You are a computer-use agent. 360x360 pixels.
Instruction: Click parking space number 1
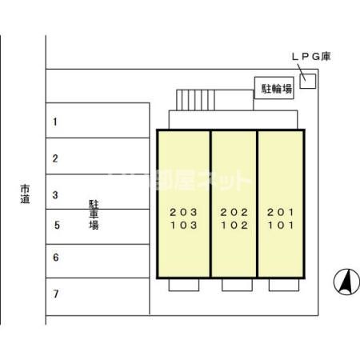pyautogui.click(x=55, y=122)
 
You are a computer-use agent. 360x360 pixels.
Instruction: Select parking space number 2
pyautogui.click(x=55, y=158)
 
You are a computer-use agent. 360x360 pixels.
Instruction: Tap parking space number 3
pyautogui.click(x=55, y=194)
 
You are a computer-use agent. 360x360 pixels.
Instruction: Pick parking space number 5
pyautogui.click(x=55, y=226)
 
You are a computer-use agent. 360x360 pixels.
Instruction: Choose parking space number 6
pyautogui.click(x=55, y=258)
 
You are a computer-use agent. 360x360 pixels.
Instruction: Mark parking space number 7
pyautogui.click(x=55, y=294)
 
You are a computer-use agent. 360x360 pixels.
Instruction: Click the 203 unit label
pyautogui.click(x=182, y=212)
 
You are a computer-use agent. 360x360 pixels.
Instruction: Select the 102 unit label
pyautogui.click(x=234, y=226)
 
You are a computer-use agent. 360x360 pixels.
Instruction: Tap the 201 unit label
pyautogui.click(x=280, y=212)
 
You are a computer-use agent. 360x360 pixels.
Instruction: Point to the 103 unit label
pyautogui.click(x=182, y=226)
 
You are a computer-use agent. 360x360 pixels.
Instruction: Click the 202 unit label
pyautogui.click(x=234, y=212)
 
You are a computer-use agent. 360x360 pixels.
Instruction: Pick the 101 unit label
pyautogui.click(x=280, y=226)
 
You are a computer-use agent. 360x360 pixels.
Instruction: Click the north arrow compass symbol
pyautogui.click(x=346, y=282)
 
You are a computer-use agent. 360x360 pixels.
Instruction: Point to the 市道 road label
pyautogui.click(x=24, y=194)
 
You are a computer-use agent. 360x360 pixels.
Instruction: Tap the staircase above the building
pyautogui.click(x=195, y=100)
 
